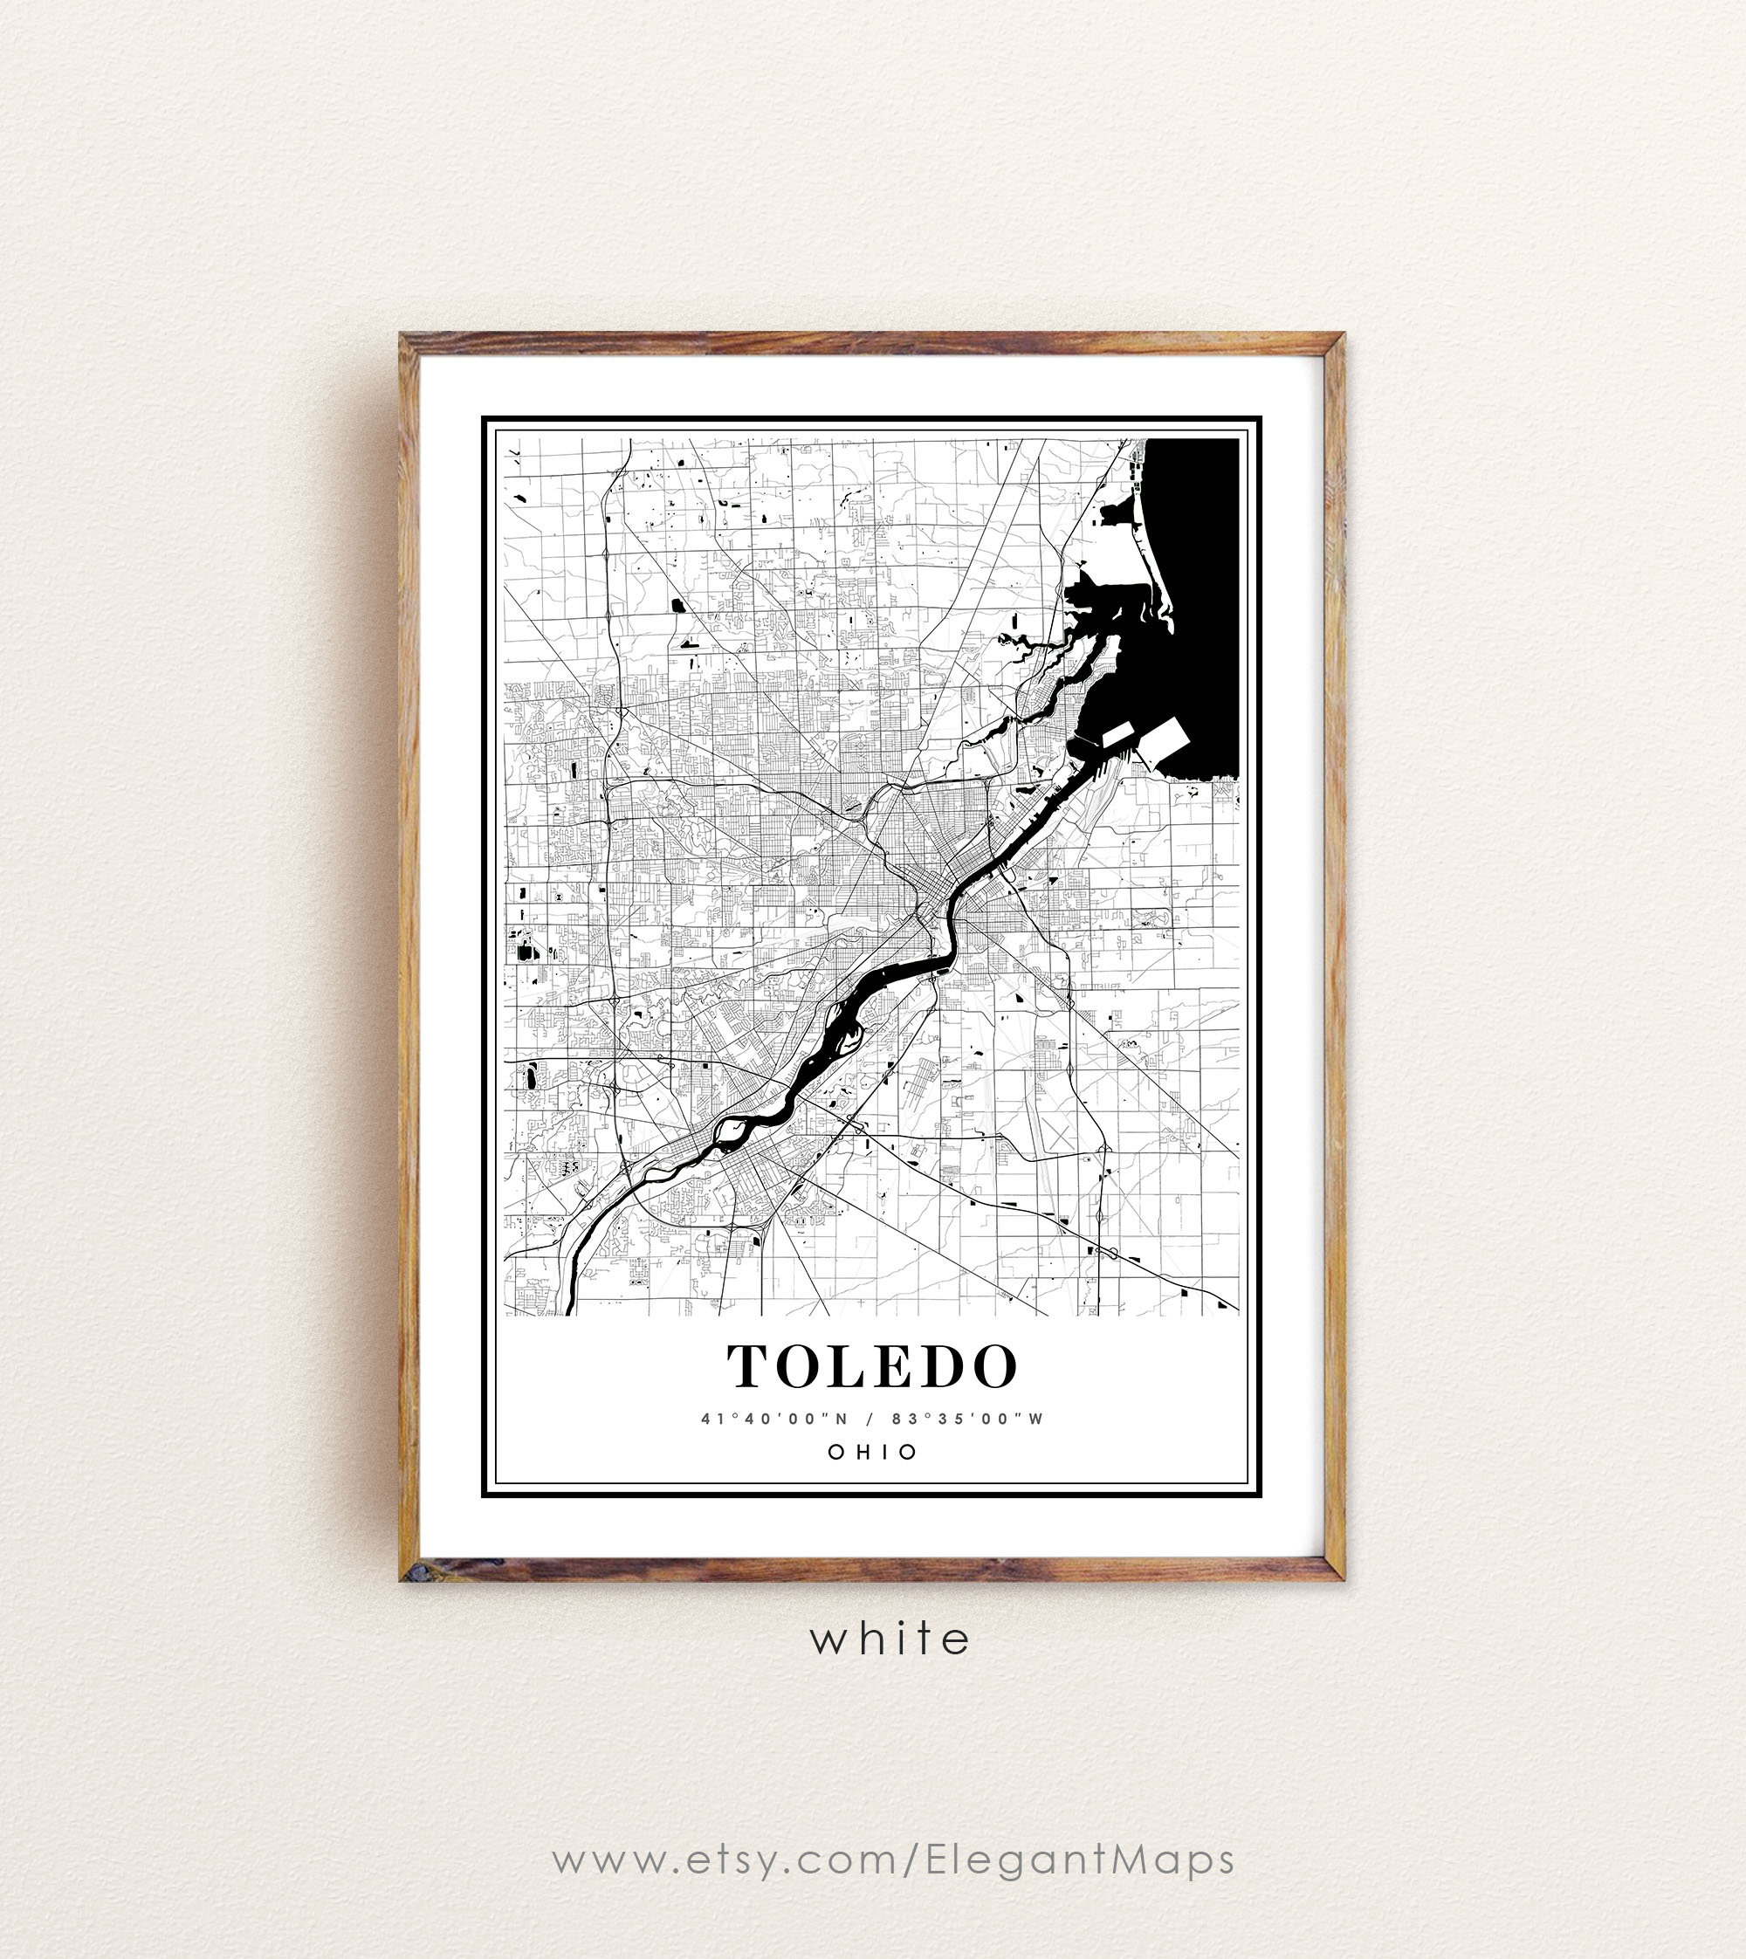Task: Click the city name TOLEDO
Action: tap(871, 1367)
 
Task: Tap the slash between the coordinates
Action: tap(870, 1419)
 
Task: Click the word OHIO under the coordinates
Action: tap(873, 1452)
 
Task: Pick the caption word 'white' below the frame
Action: tap(890, 1639)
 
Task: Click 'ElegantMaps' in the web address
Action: tap(1080, 1859)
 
